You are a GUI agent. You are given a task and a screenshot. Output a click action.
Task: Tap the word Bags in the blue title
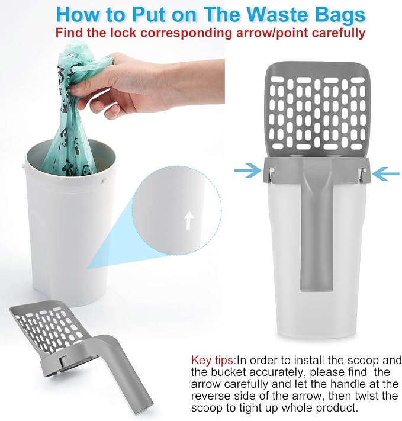point(340,16)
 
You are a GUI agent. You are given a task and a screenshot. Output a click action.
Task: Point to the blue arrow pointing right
point(247,170)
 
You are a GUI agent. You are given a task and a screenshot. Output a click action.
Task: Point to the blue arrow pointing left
point(386,173)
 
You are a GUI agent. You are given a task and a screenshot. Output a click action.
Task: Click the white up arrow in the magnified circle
point(189,220)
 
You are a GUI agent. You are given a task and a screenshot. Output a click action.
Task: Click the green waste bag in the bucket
point(70,107)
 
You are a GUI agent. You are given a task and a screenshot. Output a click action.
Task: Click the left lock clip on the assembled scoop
point(272,174)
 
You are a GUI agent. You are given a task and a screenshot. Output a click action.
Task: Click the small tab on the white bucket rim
point(103,181)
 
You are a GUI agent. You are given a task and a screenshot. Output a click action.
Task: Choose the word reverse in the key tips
point(211,396)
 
